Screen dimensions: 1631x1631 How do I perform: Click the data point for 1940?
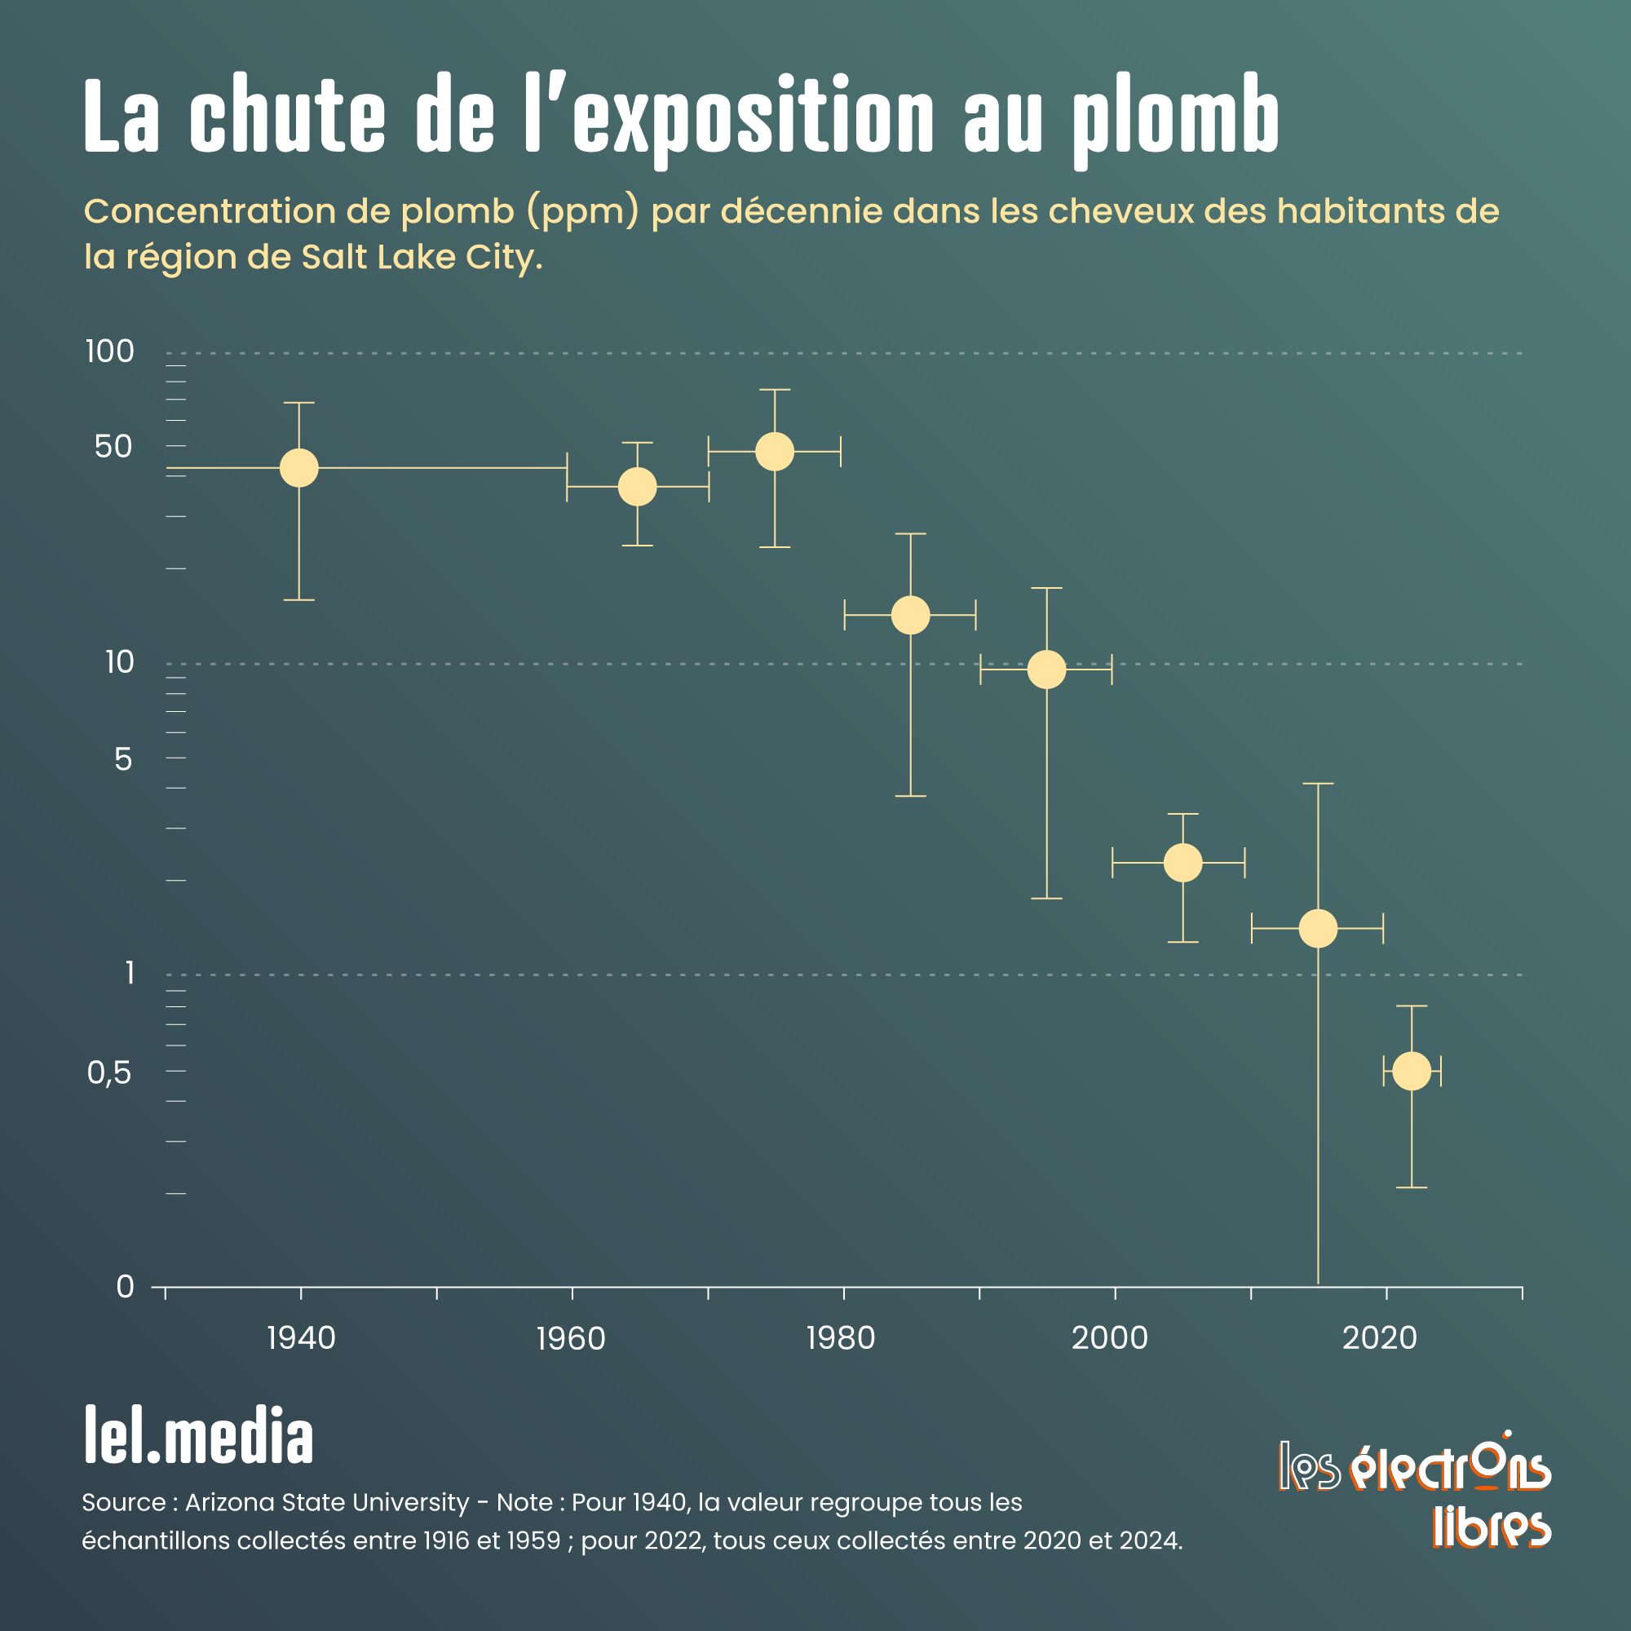298,466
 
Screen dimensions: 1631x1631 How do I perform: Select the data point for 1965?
638,486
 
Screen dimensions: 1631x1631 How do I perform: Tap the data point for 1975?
774,451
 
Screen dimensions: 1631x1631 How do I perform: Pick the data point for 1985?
910,614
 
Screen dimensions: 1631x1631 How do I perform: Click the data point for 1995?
1047,670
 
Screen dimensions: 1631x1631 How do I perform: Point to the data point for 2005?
1182,863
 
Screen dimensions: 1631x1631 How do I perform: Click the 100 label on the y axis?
110,351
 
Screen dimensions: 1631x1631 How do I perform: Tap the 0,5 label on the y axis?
110,1073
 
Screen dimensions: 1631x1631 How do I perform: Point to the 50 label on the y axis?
114,447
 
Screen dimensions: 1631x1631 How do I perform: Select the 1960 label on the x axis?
572,1339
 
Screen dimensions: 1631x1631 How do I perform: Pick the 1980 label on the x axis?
841,1339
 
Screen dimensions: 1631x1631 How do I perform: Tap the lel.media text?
198,1438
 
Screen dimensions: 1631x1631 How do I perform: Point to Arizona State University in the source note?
327,1503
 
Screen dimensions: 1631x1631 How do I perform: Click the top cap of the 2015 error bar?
1318,785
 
